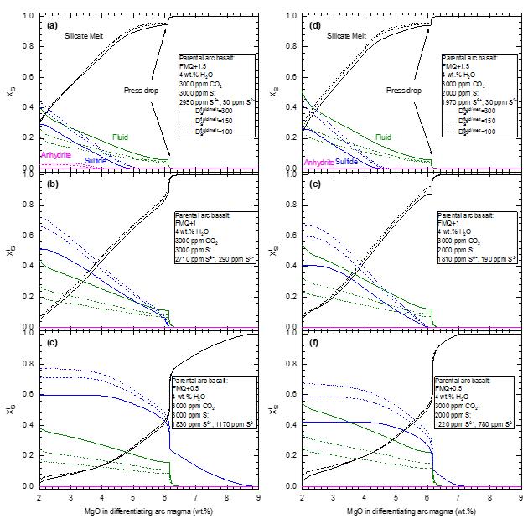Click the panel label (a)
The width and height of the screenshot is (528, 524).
(51, 25)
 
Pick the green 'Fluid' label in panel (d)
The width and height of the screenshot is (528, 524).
(383, 137)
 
